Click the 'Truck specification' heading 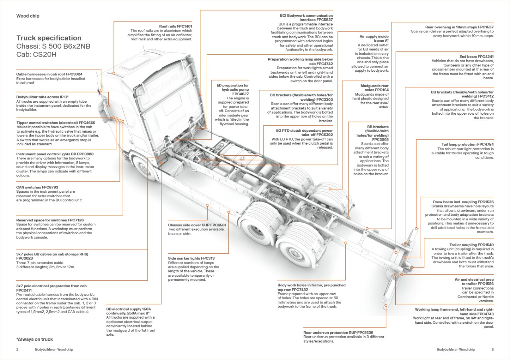point(49,38)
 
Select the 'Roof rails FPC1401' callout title point(175,26)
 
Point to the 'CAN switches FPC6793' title point(37,187)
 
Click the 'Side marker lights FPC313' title point(191,258)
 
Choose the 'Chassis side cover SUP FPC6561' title point(197,225)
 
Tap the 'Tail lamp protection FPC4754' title point(467,144)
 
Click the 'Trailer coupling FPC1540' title point(471,245)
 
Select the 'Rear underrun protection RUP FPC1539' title point(338,332)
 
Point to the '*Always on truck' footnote point(35,339)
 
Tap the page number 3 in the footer point(492,350)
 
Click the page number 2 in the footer point(18,350)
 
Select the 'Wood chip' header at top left point(27,16)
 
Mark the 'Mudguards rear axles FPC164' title point(375,88)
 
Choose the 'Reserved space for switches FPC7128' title point(50,220)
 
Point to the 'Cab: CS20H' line point(36,55)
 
